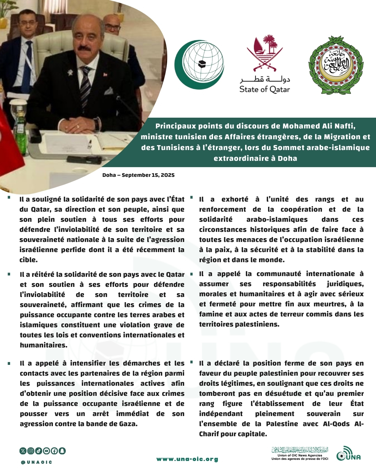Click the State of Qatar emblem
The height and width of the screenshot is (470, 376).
click(x=265, y=52)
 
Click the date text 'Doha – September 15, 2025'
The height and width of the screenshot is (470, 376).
click(x=138, y=175)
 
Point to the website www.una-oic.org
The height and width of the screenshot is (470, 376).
click(x=187, y=459)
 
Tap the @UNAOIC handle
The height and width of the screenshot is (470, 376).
click(x=37, y=462)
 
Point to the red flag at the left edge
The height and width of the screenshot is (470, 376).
click(x=9, y=143)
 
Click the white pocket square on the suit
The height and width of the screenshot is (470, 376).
click(x=109, y=92)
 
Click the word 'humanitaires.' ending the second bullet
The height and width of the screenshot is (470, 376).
click(x=44, y=345)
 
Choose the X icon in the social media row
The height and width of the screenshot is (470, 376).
click(x=23, y=451)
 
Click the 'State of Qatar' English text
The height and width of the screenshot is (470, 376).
click(x=265, y=89)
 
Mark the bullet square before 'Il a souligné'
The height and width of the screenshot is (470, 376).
click(x=9, y=197)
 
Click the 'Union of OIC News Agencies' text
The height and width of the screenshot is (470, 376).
click(x=300, y=455)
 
